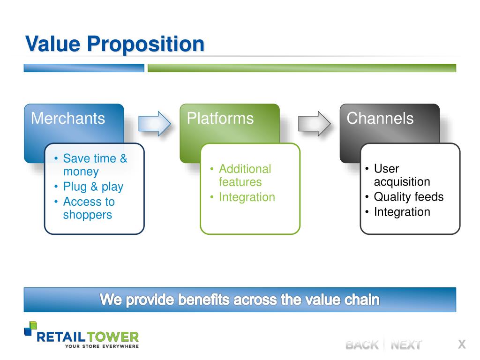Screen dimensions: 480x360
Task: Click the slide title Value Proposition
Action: tap(115, 44)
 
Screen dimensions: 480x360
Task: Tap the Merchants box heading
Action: tap(68, 118)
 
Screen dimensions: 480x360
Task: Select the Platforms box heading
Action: tap(220, 118)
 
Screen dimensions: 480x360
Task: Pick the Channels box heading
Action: tap(380, 118)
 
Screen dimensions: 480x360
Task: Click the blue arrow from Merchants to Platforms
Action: tap(155, 123)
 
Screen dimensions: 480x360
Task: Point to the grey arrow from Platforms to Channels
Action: tap(315, 123)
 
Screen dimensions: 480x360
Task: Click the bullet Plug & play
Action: tap(93, 187)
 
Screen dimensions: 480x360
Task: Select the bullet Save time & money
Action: tap(95, 165)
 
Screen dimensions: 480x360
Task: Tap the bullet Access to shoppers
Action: tap(89, 208)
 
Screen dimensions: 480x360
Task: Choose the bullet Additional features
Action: tap(245, 175)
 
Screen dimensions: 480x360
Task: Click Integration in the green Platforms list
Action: tap(247, 197)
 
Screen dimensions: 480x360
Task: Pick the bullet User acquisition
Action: tap(402, 175)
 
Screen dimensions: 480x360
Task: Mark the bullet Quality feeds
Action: tap(409, 196)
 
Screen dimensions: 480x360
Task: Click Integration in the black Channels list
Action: tap(402, 212)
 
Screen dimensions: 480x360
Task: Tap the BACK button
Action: tap(362, 345)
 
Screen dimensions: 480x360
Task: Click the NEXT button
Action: tap(406, 345)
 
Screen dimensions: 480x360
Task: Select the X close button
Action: tap(462, 344)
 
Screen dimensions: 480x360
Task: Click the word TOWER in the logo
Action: tap(112, 337)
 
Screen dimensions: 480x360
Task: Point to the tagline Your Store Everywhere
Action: tap(102, 346)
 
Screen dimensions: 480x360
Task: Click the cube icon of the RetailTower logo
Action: tap(30, 329)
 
